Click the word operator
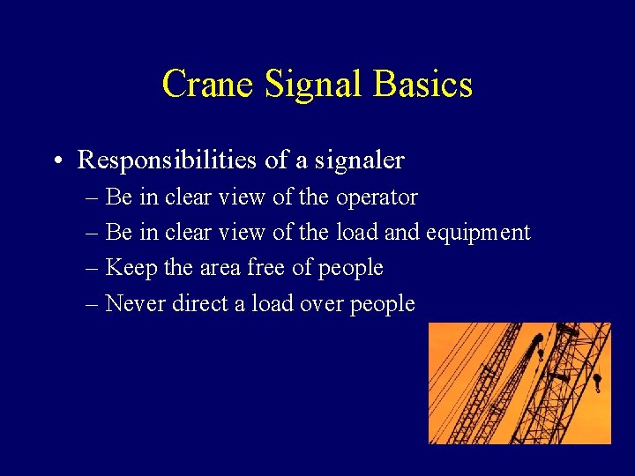[377, 197]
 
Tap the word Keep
[131, 267]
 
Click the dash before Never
[93, 304]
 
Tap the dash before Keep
[93, 268]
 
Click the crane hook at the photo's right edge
[597, 381]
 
